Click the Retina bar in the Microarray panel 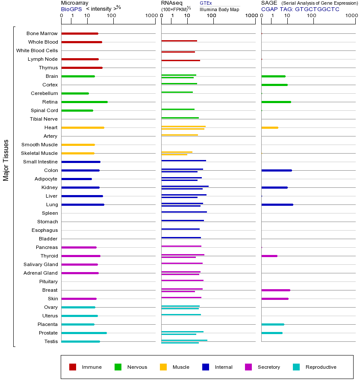[84, 102]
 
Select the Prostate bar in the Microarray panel [84, 333]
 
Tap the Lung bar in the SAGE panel [277, 204]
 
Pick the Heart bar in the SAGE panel [269, 127]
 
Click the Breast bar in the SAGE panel [275, 290]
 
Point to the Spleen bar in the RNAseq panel [184, 212]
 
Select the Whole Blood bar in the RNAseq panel [179, 41]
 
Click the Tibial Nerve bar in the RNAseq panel [180, 118]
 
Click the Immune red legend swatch [73, 367]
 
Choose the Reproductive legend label [321, 367]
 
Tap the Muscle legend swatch [163, 367]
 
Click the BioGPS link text [71, 9]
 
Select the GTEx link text [206, 3]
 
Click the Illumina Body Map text [220, 9]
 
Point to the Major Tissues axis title [6, 160]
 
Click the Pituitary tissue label [48, 281]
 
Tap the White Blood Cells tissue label [37, 50]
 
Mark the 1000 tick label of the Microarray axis [150, 16]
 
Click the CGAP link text [269, 9]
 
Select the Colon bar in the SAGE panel [276, 170]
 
